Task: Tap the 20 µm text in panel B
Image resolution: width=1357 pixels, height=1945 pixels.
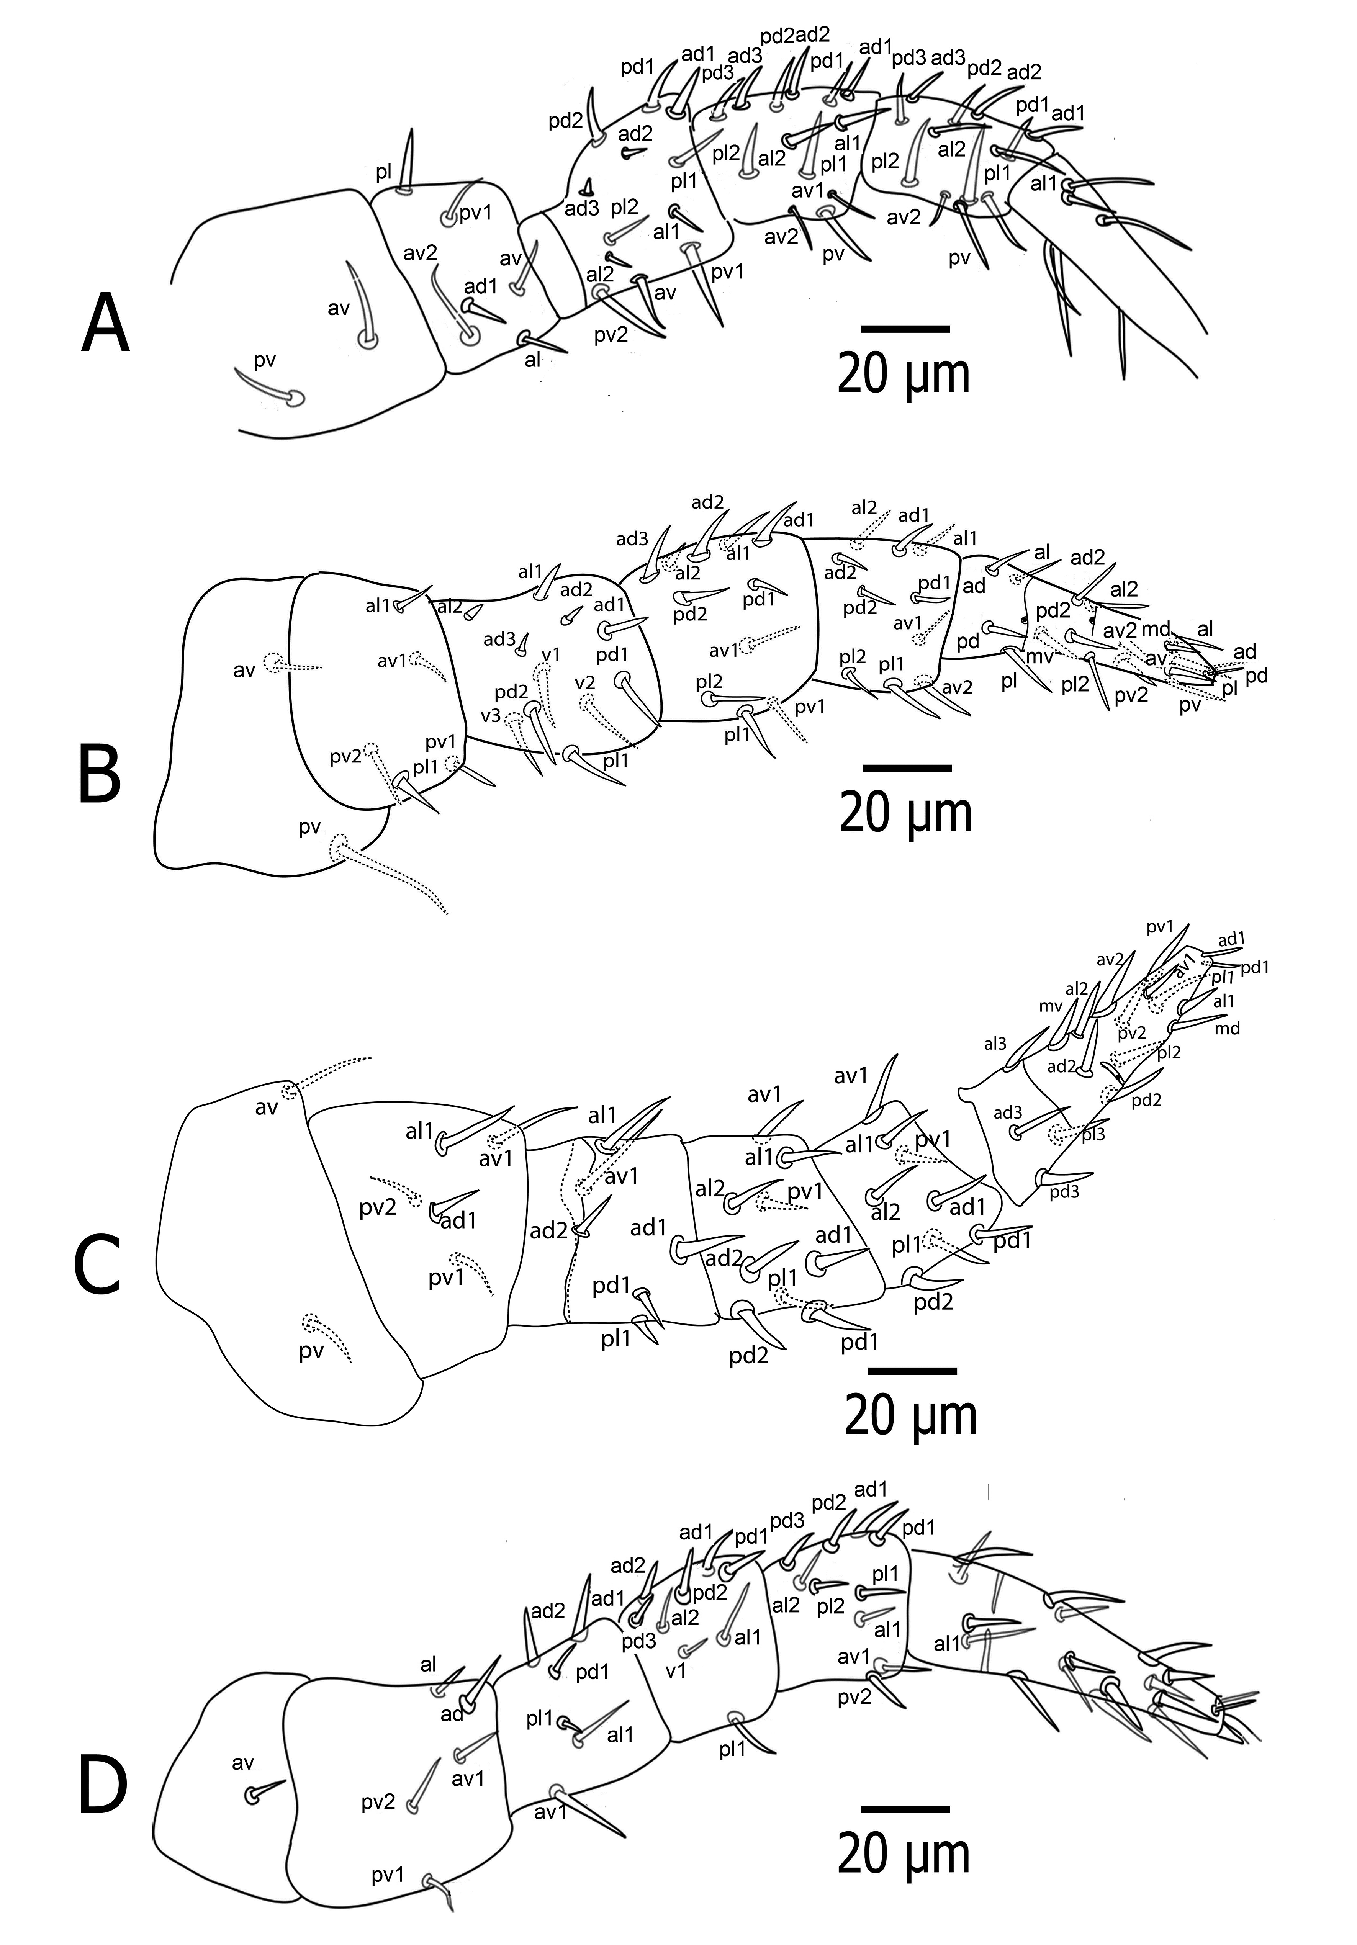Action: (x=905, y=813)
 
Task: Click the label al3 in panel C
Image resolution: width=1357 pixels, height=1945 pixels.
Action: (x=995, y=1044)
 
